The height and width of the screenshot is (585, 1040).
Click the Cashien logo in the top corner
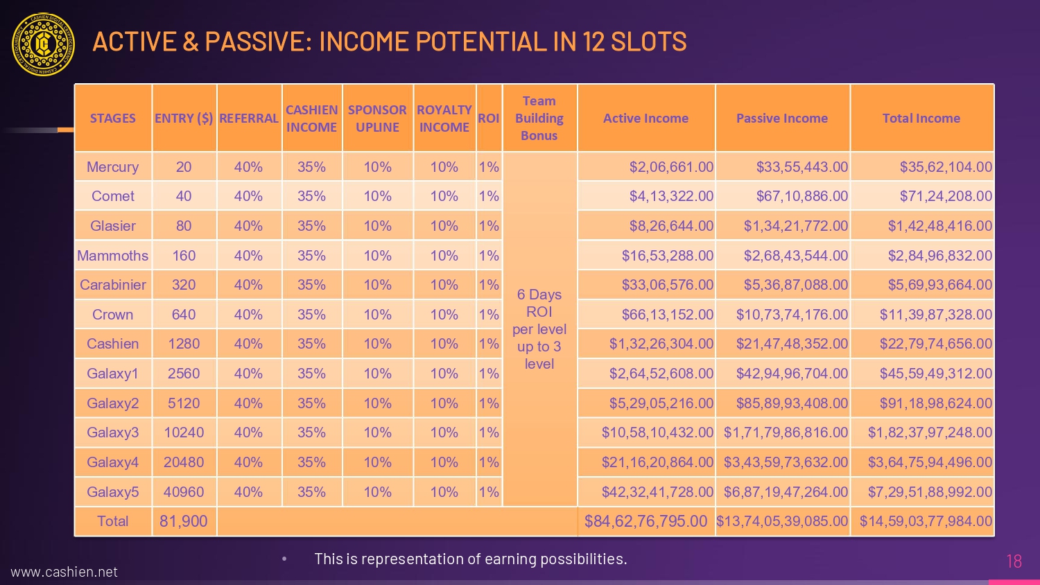point(43,44)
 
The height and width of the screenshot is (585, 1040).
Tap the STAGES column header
point(112,119)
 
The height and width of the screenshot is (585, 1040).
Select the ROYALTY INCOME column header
point(444,119)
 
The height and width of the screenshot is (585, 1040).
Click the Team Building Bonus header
point(539,119)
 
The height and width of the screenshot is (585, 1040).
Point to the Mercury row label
point(112,167)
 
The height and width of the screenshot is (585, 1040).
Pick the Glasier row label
point(112,226)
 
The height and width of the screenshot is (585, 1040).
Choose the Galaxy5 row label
point(112,492)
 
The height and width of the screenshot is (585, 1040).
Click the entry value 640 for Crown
point(184,315)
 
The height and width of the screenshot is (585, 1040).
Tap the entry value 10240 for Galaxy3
point(184,433)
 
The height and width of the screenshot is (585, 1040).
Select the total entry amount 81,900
point(184,521)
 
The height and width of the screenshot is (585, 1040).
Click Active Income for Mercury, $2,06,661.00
point(670,167)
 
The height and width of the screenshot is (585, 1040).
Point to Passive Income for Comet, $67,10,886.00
point(801,196)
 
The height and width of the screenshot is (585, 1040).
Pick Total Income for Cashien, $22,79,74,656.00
point(935,344)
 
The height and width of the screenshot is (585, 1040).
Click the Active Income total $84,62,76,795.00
point(645,521)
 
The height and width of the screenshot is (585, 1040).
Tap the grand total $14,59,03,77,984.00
point(926,521)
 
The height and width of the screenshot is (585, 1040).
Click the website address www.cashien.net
point(64,572)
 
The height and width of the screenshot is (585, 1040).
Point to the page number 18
point(1014,561)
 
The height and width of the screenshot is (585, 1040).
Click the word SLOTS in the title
point(648,42)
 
